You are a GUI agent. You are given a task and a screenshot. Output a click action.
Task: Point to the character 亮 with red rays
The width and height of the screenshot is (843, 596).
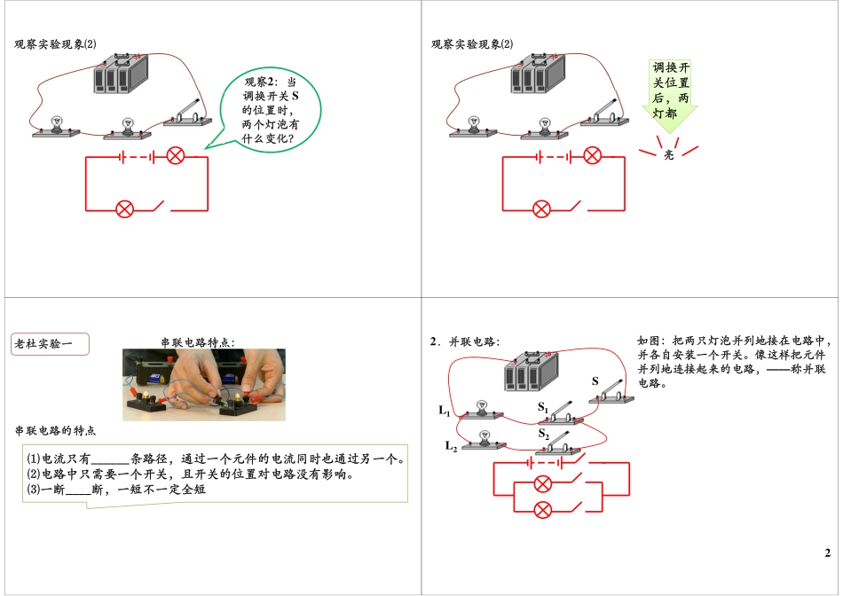[x=669, y=154]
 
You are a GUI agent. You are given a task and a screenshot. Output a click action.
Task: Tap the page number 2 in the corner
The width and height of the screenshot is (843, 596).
[x=827, y=553]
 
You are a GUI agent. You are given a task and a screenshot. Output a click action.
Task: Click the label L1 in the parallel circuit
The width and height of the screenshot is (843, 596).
[x=445, y=411]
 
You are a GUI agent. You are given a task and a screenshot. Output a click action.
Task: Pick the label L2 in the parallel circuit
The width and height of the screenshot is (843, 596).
[x=451, y=445]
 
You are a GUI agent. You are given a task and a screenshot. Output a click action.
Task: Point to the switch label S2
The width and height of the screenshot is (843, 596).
[x=543, y=435]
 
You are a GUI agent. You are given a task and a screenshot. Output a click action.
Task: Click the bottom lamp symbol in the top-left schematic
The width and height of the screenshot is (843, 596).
[x=125, y=209]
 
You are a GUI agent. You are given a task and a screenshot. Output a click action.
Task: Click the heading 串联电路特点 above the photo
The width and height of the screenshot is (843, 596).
[x=198, y=341]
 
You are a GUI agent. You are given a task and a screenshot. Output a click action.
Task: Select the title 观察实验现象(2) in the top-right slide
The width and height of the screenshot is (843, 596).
[x=472, y=44]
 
